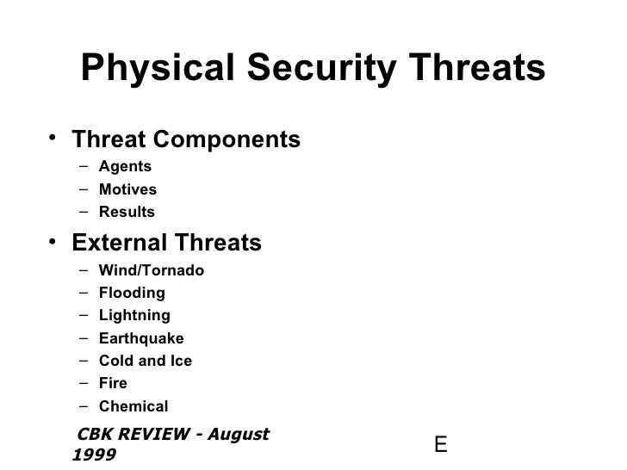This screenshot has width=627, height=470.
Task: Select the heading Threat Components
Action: tap(186, 139)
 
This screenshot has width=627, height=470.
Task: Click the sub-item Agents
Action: tap(125, 167)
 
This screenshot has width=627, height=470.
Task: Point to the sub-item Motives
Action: tap(127, 189)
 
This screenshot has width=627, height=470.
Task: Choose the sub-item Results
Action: tap(127, 212)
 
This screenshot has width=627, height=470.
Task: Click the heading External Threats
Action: tap(167, 244)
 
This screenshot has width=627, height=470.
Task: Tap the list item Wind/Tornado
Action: tap(152, 271)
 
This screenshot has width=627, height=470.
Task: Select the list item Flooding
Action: tap(132, 294)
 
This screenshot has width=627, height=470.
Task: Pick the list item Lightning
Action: tap(134, 316)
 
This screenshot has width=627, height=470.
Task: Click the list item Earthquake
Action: tap(141, 338)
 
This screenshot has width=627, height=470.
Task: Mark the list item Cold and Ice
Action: tap(146, 361)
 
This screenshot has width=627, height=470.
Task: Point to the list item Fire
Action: tap(113, 384)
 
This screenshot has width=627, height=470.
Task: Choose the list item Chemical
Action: tap(133, 406)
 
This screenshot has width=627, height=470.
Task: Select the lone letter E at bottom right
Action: tap(440, 445)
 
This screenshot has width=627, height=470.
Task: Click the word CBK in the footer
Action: tap(95, 435)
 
